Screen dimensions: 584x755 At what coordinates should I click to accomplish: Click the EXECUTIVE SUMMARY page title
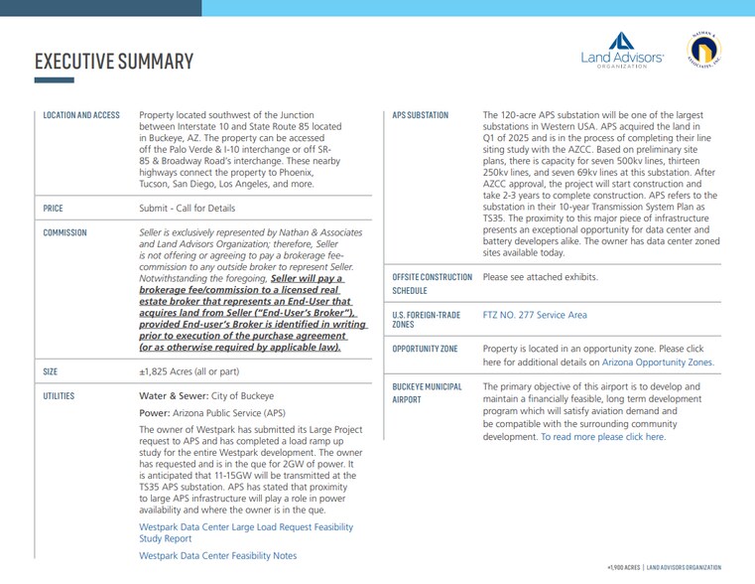pos(113,62)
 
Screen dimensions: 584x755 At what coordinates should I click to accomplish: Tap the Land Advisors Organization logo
pos(622,50)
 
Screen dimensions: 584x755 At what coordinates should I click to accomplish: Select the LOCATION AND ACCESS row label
pos(81,115)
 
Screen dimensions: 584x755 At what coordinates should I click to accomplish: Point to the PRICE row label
pos(53,209)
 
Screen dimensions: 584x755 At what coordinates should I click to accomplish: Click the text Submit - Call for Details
pos(188,209)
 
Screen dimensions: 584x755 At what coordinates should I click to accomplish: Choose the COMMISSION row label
pos(64,232)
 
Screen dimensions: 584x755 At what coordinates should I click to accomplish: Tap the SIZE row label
pos(51,371)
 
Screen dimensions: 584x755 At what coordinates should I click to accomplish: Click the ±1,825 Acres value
pos(189,371)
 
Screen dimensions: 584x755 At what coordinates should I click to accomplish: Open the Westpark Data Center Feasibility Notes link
pos(217,556)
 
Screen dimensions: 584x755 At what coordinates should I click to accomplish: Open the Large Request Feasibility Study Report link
pos(245,533)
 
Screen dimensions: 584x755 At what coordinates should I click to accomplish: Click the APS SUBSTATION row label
pos(421,115)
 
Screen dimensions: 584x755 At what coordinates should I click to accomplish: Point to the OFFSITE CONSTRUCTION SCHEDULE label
pos(432,284)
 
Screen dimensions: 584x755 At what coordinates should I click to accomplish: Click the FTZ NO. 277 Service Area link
pos(535,315)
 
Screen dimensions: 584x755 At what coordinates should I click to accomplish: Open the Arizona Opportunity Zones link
pos(657,363)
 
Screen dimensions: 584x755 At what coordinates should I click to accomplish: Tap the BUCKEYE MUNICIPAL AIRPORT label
pos(427,393)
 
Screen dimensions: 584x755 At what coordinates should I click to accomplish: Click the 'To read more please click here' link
pos(603,437)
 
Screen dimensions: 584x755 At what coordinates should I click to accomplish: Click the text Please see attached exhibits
pos(541,277)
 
